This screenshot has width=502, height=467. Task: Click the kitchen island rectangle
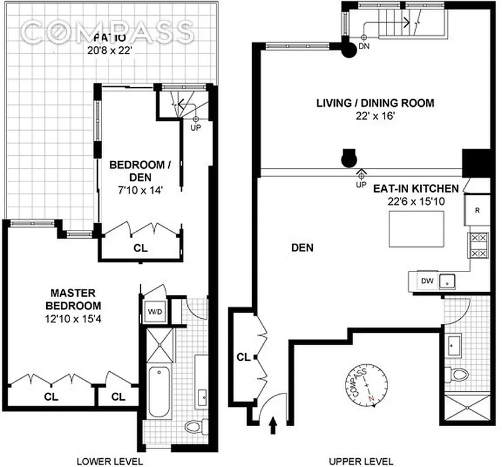pyautogui.click(x=416, y=228)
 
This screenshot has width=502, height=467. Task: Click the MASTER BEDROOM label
pyautogui.click(x=75, y=299)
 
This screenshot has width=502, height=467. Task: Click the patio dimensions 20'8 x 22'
pyautogui.click(x=110, y=51)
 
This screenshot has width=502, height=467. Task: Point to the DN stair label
pyautogui.click(x=364, y=46)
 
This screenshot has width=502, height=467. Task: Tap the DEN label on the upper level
pyautogui.click(x=302, y=248)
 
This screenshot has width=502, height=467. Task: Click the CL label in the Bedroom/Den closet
pyautogui.click(x=140, y=248)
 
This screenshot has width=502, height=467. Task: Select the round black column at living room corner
pyautogui.click(x=349, y=50)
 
